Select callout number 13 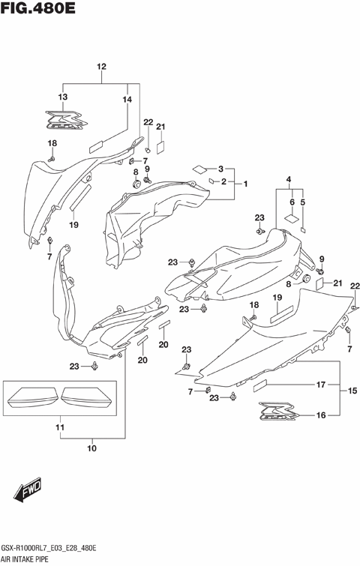tap(63, 97)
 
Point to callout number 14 tap(127, 100)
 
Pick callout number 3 tap(221, 169)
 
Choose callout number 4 tap(289, 178)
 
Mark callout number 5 tap(303, 202)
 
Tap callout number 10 tap(91, 450)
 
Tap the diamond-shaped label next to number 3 tap(200, 169)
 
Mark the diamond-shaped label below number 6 tap(289, 218)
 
